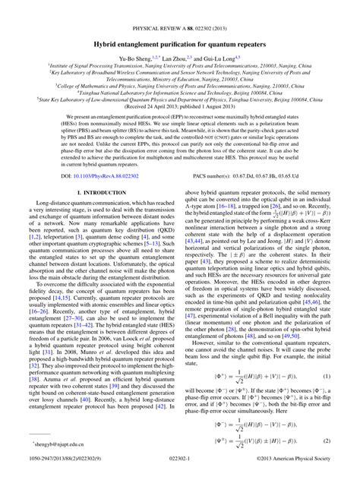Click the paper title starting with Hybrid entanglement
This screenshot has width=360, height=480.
[x=180, y=24]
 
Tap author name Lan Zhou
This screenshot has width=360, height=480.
[x=179, y=38]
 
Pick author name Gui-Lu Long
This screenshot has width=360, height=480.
[x=221, y=38]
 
